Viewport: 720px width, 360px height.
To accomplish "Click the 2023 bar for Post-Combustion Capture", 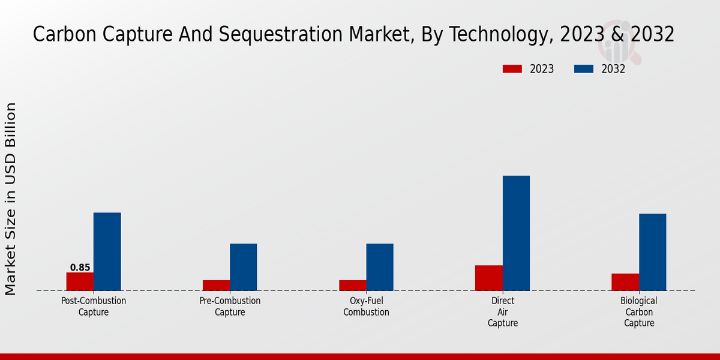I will [x=80, y=281].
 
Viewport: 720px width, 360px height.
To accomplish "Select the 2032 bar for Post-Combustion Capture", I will [x=107, y=252].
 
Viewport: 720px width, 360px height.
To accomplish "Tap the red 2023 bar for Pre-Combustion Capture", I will [x=216, y=285].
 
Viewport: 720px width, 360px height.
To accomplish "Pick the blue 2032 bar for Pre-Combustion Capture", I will [x=243, y=267].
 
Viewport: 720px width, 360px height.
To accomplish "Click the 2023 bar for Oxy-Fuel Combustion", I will [x=352, y=285].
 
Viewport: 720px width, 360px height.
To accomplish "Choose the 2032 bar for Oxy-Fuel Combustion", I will [x=380, y=267].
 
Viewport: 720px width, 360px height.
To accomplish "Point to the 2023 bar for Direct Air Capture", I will [x=488, y=278].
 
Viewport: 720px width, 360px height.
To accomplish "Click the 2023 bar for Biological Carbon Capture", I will [x=625, y=282].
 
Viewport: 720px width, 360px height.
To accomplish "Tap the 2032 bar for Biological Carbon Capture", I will [x=652, y=252].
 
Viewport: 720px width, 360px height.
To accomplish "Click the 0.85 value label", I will [x=80, y=268].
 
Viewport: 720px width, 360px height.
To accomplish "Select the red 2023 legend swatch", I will [x=512, y=69].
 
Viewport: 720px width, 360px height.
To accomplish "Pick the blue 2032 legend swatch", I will [x=584, y=69].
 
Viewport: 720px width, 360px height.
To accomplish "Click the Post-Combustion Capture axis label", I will [x=94, y=306].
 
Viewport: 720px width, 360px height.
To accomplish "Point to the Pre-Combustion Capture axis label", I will [x=230, y=306].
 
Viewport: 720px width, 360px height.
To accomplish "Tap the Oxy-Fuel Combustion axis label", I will [x=366, y=306].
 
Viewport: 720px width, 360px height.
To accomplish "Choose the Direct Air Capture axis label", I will [x=502, y=312].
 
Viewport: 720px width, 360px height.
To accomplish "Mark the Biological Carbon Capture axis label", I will [x=638, y=312].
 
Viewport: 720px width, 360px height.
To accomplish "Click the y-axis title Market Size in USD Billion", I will [x=11, y=198].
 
